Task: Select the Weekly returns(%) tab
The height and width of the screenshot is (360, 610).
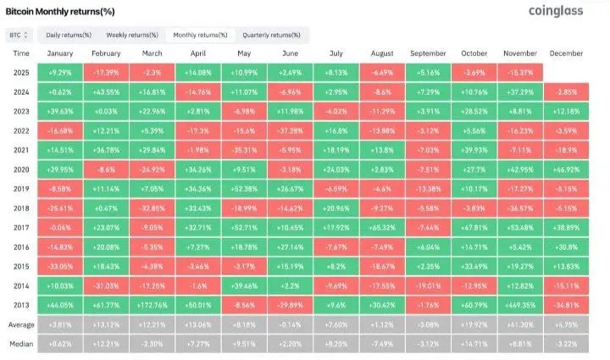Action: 131,35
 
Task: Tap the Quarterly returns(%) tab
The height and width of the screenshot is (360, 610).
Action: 271,35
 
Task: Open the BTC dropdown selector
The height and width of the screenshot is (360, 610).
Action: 19,35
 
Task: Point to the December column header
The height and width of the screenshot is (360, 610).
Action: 566,53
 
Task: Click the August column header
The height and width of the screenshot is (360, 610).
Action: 383,53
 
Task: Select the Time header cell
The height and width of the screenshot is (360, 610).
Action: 20,53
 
